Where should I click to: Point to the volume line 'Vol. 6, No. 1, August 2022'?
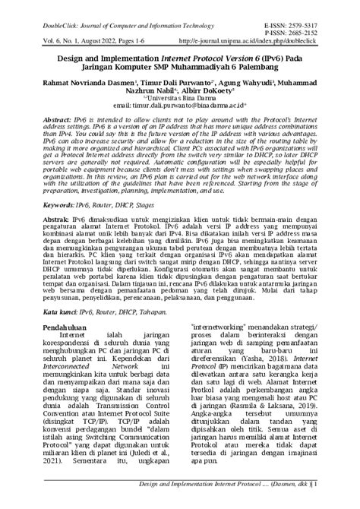(x=60, y=36)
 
